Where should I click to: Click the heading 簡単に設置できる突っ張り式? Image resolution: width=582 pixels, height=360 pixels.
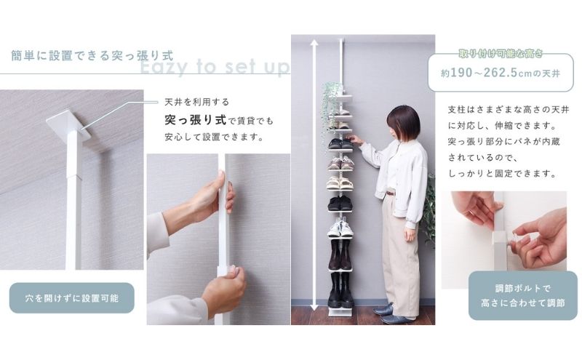click(x=92, y=55)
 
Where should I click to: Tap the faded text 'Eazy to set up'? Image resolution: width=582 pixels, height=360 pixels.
click(x=214, y=68)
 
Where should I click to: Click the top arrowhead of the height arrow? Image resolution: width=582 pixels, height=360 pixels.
click(x=314, y=43)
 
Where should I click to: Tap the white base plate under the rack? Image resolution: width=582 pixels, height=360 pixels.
click(x=339, y=311)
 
